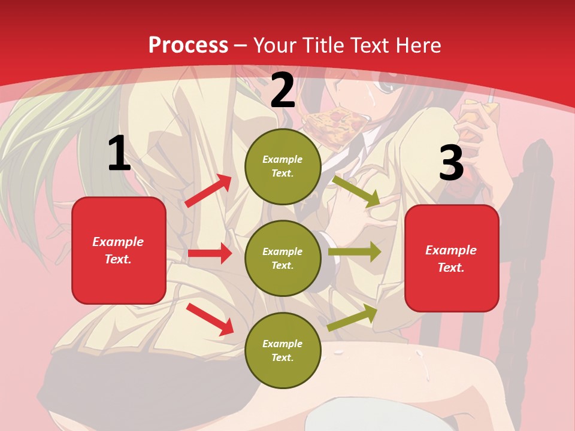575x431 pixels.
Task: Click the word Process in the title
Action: coord(188,45)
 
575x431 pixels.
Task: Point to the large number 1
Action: coord(119,154)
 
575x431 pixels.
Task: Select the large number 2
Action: coord(283,91)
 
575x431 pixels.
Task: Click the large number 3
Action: coord(451,163)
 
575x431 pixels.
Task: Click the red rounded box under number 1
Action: coord(119,250)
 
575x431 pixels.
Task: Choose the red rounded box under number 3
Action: coord(452,259)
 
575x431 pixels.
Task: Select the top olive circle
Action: coord(283,166)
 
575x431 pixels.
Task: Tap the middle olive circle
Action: coord(283,259)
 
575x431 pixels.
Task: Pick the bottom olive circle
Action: coord(283,351)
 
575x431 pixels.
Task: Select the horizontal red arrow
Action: coord(210,253)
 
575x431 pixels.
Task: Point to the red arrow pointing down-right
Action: coord(210,319)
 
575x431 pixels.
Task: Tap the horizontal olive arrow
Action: coord(355,252)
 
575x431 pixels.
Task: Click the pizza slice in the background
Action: coord(335,123)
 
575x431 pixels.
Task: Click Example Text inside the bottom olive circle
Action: coord(283,351)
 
